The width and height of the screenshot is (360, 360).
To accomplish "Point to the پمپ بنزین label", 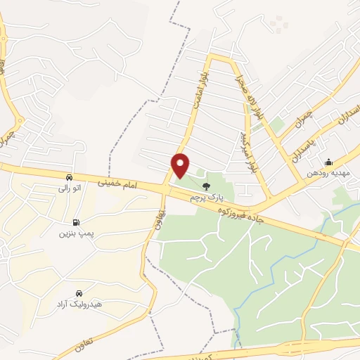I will click(x=76, y=231).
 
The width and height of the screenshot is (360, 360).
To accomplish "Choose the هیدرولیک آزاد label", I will click(x=79, y=304).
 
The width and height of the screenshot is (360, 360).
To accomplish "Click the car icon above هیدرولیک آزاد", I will click(x=79, y=292).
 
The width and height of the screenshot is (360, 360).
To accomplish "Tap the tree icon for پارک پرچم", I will click(x=206, y=186).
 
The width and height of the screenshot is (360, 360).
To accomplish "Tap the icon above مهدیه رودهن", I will click(x=328, y=163).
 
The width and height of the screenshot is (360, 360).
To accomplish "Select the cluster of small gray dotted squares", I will click(x=279, y=24).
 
